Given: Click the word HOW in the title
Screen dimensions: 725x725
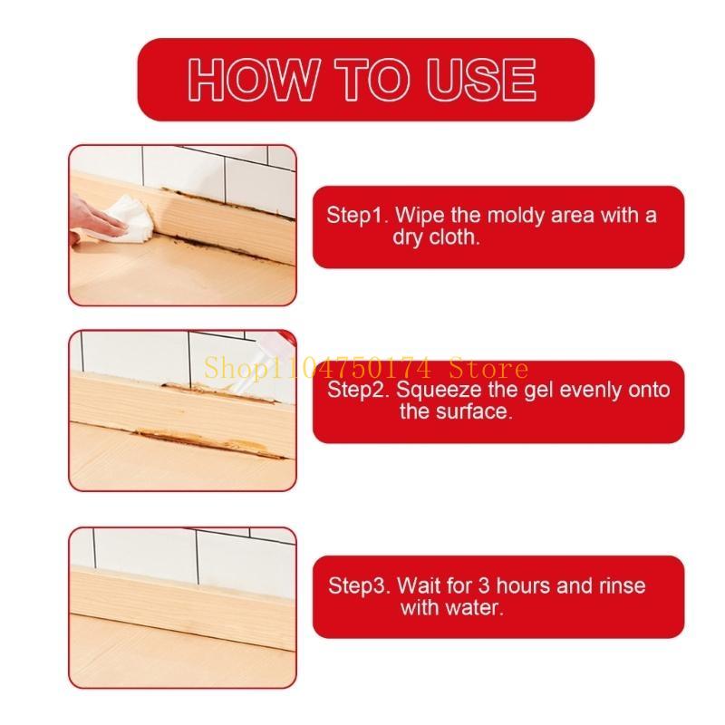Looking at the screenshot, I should click(246, 80).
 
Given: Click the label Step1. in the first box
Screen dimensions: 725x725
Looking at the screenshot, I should click(356, 216).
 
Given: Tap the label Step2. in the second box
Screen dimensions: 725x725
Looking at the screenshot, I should click(357, 390).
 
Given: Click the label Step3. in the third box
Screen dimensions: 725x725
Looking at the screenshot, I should click(358, 585).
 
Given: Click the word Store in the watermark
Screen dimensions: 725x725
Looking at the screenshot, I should click(495, 368).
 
